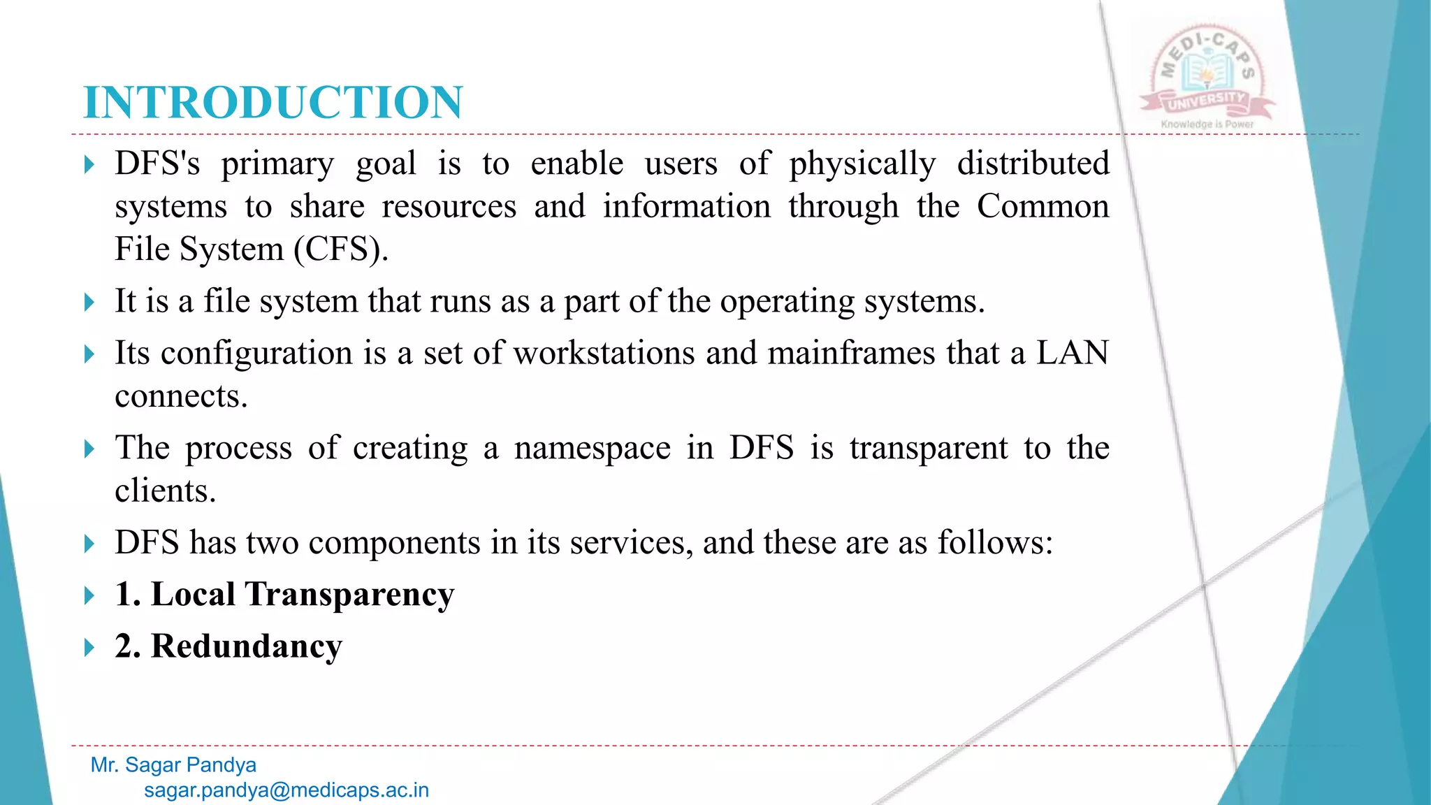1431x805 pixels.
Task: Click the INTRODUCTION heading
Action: [x=273, y=103]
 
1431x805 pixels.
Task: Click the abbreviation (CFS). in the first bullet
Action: [x=341, y=249]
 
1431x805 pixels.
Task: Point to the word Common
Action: [x=1043, y=207]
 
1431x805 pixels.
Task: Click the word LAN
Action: [x=1072, y=353]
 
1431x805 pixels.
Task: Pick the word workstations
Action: [x=604, y=353]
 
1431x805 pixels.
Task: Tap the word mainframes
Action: [x=851, y=353]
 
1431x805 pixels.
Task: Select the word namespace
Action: [x=592, y=449]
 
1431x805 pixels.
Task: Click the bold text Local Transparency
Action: [x=303, y=595]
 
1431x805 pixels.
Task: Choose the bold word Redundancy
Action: [x=247, y=646]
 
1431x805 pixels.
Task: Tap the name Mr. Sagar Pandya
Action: [x=173, y=765]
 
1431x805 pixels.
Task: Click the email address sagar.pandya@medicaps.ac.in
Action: [x=286, y=790]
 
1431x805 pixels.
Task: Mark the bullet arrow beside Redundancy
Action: [x=89, y=647]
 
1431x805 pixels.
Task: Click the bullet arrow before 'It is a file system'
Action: [x=89, y=303]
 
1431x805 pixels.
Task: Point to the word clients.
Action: [x=165, y=491]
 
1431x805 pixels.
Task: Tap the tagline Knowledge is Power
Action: [x=1207, y=124]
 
